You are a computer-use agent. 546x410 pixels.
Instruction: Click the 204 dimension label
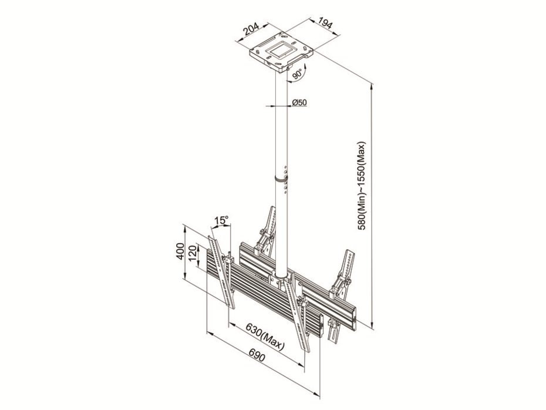click(251, 30)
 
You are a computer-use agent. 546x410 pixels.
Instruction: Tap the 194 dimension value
click(325, 23)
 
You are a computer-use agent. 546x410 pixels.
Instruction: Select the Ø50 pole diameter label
click(299, 102)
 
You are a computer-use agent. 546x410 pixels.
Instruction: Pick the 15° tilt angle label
click(221, 220)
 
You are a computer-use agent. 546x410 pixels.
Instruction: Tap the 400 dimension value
click(180, 251)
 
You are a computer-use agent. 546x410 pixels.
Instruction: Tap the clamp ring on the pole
click(281, 179)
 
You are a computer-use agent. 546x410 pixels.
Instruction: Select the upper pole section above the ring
click(281, 125)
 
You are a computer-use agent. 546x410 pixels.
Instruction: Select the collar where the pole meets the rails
click(281, 278)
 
